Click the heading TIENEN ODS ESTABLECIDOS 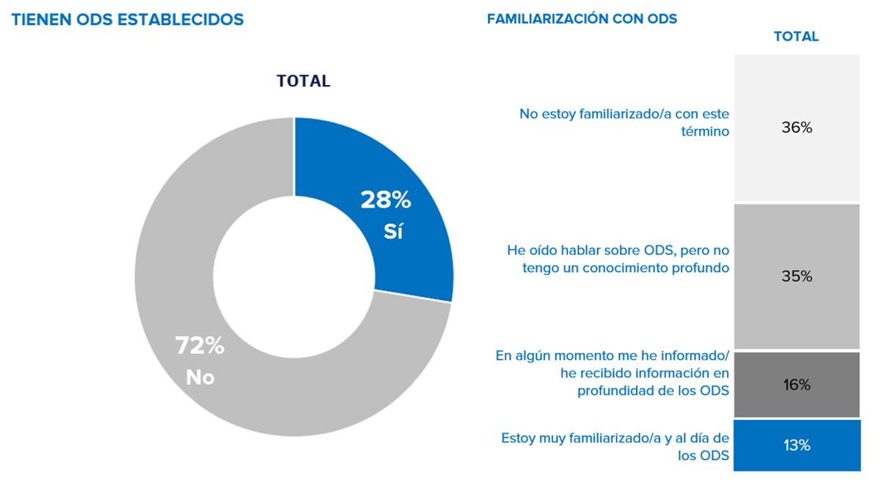[128, 20]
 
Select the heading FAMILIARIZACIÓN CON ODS [582, 20]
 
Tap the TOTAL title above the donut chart [303, 81]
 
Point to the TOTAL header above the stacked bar [796, 37]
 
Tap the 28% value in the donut [385, 200]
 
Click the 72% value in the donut [200, 346]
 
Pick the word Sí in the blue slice [393, 231]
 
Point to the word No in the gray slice [200, 377]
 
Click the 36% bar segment [796, 128]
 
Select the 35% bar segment [796, 276]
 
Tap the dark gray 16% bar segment [796, 384]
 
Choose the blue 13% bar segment [796, 445]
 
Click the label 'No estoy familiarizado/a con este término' [624, 123]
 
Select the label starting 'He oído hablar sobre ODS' [618, 259]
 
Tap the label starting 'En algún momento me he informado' [613, 373]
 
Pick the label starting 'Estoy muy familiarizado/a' [615, 447]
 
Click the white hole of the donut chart [293, 277]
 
